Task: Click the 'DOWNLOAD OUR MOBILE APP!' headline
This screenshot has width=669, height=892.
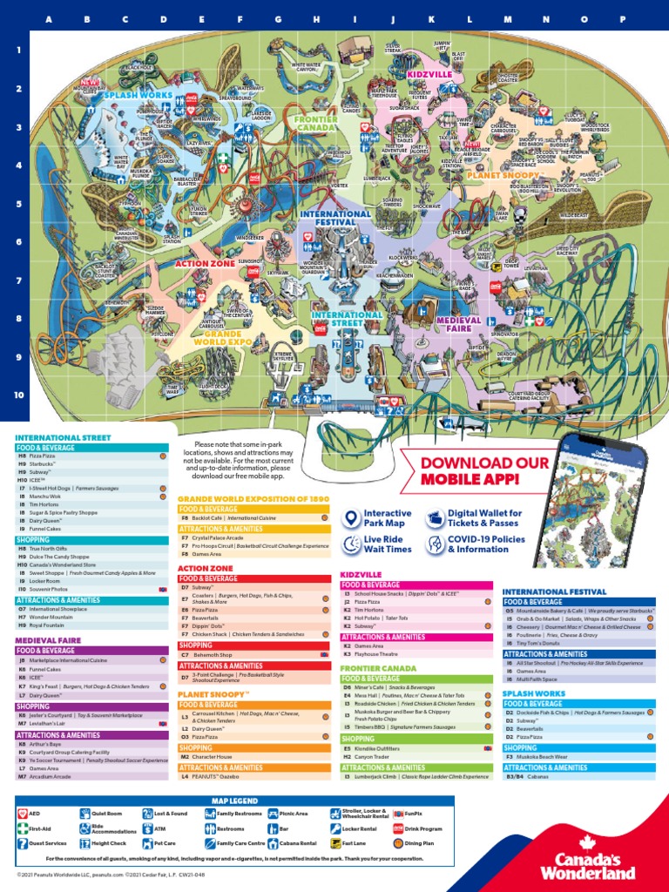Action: coord(484,470)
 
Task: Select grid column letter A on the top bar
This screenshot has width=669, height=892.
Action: coord(48,19)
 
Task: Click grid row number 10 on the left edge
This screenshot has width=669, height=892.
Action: coord(18,394)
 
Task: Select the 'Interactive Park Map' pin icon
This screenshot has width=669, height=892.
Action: coord(350,518)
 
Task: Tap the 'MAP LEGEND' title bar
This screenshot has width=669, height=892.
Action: coord(234,800)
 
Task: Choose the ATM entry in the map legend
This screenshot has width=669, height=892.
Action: coord(166,828)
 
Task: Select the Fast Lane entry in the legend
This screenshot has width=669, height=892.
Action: coord(348,843)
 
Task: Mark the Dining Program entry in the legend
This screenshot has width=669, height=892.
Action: coord(422,843)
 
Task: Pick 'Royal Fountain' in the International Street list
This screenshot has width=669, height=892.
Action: coord(44,626)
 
